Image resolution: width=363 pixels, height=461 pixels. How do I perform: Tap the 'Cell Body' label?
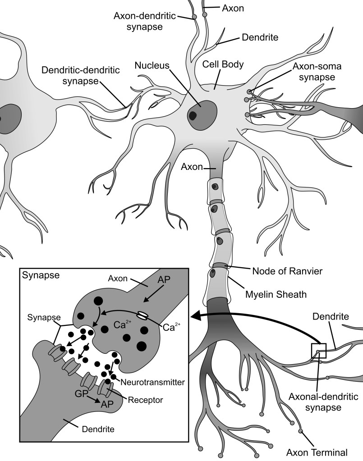[x=223, y=64]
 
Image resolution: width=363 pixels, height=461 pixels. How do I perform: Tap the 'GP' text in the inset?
[x=82, y=393]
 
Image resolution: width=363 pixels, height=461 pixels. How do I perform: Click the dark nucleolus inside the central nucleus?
[x=193, y=115]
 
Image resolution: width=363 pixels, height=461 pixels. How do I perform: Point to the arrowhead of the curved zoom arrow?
[x=196, y=317]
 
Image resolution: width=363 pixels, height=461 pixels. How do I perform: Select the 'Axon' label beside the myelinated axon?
[x=191, y=167]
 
